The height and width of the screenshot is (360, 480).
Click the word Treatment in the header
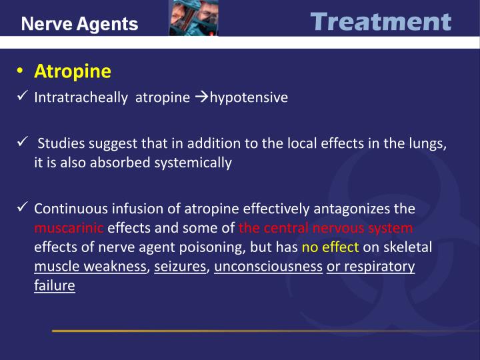(381, 22)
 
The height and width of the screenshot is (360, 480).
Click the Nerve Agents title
(79, 25)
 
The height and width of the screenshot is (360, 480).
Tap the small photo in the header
(193, 18)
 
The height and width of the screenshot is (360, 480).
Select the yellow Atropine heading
(73, 71)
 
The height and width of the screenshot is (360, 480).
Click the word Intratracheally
(81, 97)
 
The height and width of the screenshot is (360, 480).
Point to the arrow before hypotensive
(202, 97)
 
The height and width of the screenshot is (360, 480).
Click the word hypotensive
(249, 97)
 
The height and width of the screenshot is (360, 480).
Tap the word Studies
(59, 143)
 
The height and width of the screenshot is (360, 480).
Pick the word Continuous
(66, 209)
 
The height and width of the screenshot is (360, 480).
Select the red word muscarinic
(69, 228)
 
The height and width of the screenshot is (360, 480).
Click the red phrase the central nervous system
(326, 228)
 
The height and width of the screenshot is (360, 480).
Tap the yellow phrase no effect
(330, 247)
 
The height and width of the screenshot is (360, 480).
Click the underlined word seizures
(180, 267)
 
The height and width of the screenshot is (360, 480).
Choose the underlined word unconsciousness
(269, 267)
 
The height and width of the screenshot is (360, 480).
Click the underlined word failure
(54, 285)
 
